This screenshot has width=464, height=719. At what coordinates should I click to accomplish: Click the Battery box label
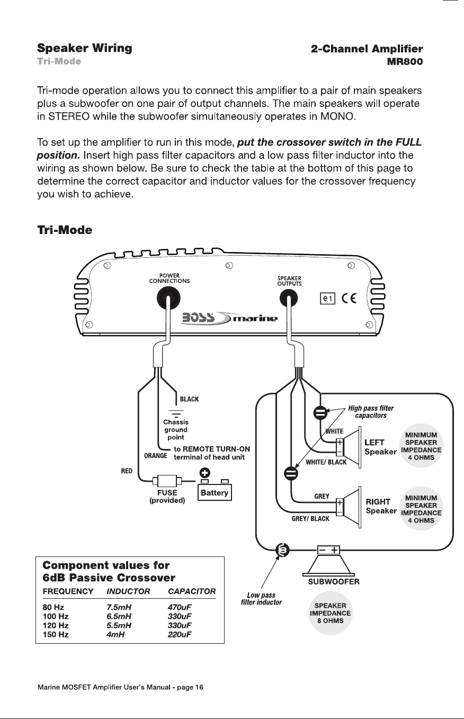215,492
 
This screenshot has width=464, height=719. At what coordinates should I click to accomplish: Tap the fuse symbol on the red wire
167,481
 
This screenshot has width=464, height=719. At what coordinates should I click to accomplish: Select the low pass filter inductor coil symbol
283,550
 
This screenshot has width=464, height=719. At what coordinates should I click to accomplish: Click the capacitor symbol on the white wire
320,413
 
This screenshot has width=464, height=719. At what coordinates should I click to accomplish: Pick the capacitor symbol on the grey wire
291,473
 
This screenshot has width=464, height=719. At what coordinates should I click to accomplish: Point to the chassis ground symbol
176,414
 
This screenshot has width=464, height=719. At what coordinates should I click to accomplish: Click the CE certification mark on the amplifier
349,299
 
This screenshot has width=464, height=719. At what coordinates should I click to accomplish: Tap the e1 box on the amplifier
327,299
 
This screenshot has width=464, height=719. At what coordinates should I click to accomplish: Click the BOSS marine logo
229,318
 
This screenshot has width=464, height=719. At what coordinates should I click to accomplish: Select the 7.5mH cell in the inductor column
119,607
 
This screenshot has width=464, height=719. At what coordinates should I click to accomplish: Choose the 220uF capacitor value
180,634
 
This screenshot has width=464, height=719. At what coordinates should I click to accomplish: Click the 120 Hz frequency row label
56,625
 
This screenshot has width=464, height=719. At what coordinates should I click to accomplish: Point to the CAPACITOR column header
192,591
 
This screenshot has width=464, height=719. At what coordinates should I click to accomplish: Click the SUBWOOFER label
334,582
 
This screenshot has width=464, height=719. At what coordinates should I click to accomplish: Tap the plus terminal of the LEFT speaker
340,442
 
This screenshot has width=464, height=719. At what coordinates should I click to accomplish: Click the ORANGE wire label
156,455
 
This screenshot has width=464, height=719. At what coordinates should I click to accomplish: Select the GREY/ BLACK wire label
310,518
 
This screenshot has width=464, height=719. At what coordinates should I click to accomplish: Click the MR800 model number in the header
405,61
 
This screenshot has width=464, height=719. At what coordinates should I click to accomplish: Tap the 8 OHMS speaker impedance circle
330,613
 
